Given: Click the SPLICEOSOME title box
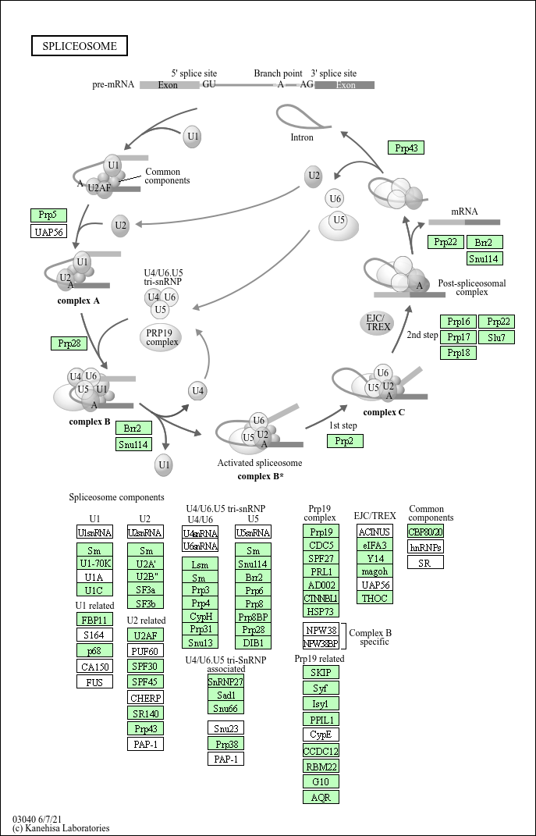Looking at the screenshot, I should tap(80, 46).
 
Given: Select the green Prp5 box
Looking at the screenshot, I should tap(48, 215).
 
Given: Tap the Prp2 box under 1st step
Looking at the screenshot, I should tap(345, 441).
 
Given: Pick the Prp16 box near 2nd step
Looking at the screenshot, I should tap(459, 322).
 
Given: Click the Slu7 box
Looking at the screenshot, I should tap(496, 337).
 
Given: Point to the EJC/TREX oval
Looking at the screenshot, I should tap(378, 322).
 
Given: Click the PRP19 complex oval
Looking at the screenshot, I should tap(162, 337).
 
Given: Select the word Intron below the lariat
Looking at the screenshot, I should tap(301, 137).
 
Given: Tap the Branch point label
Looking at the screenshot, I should tap(278, 74).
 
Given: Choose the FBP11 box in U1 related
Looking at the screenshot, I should tap(95, 619).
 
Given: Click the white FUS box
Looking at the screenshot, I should tap(95, 681).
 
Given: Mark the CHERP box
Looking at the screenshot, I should tap(145, 697).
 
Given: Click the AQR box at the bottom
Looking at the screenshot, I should tap(321, 797).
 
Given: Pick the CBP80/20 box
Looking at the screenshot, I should tap(425, 532).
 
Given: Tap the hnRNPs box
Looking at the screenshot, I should tap(425, 547).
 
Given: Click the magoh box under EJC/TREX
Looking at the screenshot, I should tap(374, 571).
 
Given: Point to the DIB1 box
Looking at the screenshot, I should tap(253, 642).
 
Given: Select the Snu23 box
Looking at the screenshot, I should tap(225, 728).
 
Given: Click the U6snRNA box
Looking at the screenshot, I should tap(200, 546).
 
